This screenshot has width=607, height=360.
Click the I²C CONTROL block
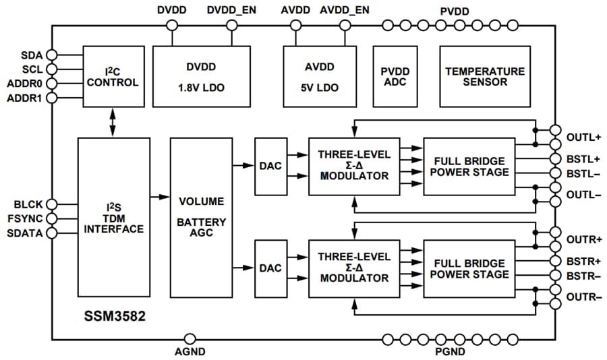113,76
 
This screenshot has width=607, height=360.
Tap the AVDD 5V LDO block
319,76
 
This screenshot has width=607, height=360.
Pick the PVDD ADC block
395,76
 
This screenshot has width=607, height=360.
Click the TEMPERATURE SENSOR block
484,76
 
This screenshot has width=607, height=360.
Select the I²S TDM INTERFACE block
113,217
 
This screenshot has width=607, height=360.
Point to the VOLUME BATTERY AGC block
201,217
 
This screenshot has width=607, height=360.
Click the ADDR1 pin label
25,98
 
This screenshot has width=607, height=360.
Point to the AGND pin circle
190,339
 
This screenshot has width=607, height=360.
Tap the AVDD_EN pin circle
345,26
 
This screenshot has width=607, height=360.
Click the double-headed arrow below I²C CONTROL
113,122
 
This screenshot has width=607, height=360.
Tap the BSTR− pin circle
555,276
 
